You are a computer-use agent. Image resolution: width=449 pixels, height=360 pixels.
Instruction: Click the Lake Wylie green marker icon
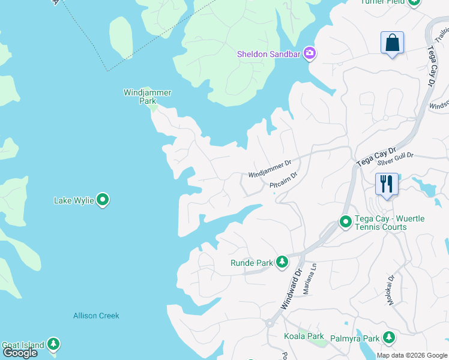click(103, 200)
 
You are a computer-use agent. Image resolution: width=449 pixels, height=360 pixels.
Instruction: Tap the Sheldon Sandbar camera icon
click(310, 54)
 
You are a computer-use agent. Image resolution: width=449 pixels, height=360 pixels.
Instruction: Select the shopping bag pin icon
click(392, 43)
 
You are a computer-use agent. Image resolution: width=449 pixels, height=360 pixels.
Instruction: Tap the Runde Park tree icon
click(282, 262)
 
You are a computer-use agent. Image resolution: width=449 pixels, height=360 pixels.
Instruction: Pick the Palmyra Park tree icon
click(389, 338)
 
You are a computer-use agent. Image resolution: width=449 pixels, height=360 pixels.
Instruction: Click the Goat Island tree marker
click(54, 344)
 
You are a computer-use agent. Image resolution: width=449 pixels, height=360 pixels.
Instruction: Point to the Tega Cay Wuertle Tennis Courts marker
click(345, 222)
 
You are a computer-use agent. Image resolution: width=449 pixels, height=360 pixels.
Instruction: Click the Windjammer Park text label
click(147, 97)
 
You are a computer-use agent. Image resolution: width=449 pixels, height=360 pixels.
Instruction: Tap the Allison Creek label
click(96, 316)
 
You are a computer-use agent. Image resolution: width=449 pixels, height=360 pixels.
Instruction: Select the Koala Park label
click(304, 337)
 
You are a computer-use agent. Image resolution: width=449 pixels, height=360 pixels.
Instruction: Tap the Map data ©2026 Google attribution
click(412, 355)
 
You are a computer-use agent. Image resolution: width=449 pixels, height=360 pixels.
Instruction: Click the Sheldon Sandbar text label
click(270, 54)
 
